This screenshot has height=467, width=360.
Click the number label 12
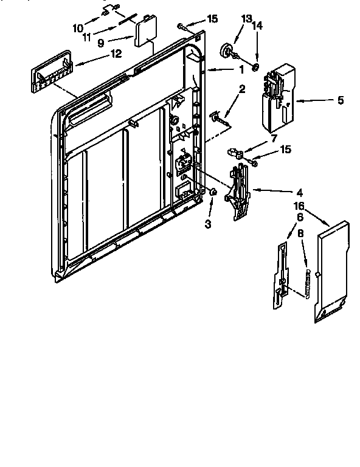[x=116, y=54]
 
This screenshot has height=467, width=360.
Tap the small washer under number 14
[x=257, y=65]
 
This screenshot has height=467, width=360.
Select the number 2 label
[x=242, y=89]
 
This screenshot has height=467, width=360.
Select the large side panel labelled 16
[x=331, y=271]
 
